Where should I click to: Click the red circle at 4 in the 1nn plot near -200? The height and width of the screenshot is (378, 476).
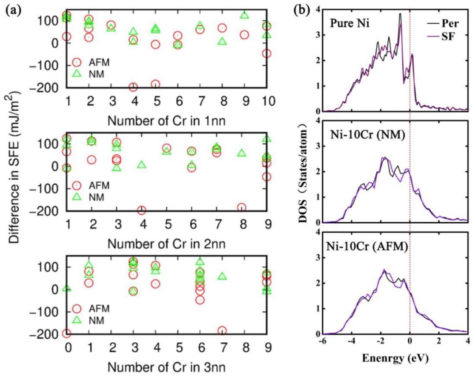tap(133, 87)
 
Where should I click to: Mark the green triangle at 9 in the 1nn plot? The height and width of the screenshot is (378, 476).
tap(245, 15)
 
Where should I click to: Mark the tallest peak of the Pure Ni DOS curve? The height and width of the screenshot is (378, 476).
tap(400, 14)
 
